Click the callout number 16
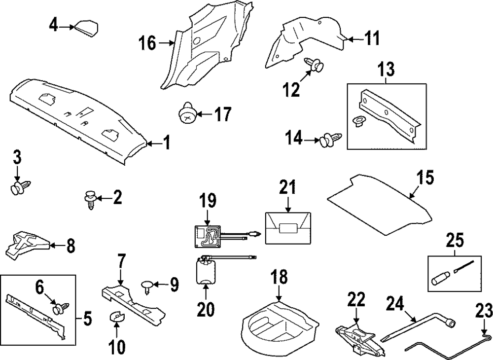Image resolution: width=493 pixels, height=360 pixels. tap(146, 44)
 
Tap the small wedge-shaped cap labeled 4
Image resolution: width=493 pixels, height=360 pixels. tap(85, 28)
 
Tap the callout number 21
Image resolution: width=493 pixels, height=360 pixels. tap(287, 188)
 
